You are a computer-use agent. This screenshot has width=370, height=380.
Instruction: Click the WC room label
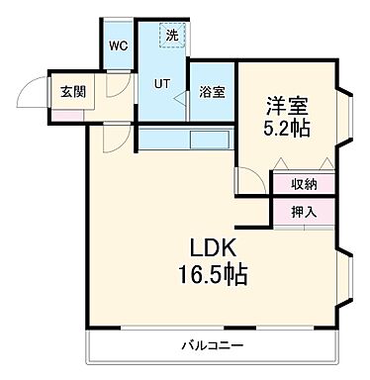[118, 47]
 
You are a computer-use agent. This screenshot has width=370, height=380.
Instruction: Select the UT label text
[161, 83]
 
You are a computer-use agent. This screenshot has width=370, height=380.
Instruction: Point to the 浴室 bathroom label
[212, 93]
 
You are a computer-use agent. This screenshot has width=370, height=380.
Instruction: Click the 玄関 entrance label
[72, 91]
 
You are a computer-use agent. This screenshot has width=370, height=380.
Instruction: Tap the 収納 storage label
[304, 184]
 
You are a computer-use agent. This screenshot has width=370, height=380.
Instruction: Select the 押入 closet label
[304, 211]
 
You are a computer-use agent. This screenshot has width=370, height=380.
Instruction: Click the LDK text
[211, 247]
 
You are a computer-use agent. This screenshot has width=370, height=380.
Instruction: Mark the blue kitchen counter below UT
[185, 138]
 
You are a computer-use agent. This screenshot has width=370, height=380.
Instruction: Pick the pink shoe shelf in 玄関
[68, 116]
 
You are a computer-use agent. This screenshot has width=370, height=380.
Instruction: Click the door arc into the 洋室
[244, 180]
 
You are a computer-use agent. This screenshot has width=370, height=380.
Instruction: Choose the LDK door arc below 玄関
[116, 138]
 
